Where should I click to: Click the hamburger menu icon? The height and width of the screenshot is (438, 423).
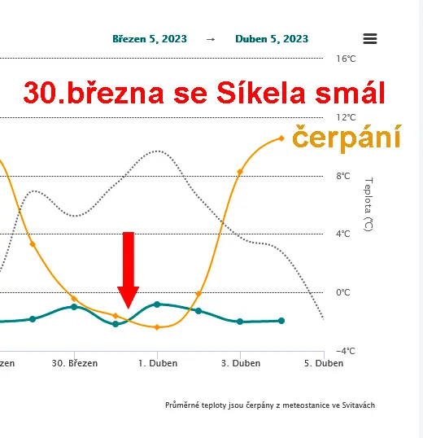point(370,38)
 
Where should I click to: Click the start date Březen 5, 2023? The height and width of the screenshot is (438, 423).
point(149,38)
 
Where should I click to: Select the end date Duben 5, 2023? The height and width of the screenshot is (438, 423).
point(272,38)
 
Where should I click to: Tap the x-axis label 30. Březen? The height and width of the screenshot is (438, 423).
point(74,363)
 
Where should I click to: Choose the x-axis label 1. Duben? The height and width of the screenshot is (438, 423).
point(157,363)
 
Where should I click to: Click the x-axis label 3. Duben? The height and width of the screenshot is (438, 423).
point(240,363)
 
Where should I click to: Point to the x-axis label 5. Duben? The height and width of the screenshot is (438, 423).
point(323,363)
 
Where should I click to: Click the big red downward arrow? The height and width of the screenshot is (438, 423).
point(128,269)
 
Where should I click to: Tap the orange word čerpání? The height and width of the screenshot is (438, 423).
point(347,138)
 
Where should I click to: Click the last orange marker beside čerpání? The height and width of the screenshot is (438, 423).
point(281,138)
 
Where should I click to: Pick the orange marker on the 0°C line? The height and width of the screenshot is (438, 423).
point(198,293)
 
